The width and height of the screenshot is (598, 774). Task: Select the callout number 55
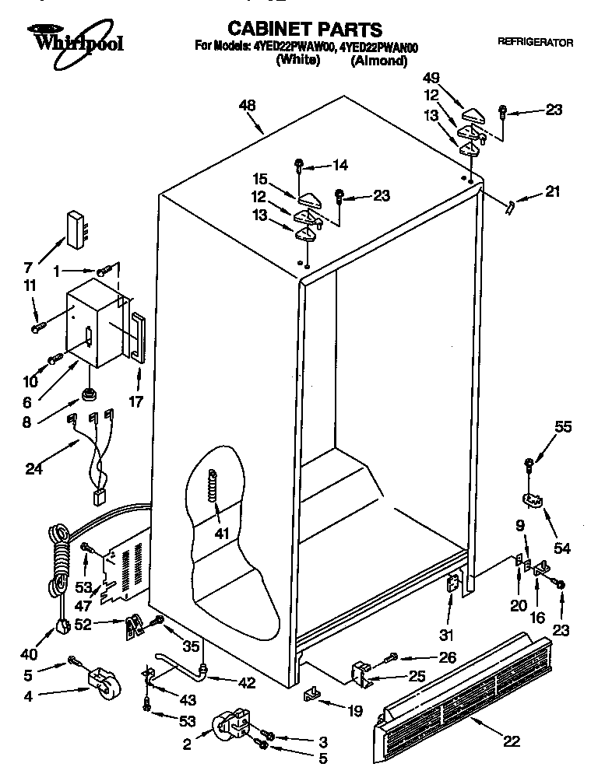tap(563, 426)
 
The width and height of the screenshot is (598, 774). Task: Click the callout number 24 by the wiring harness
tap(34, 469)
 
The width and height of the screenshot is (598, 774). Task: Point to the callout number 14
tap(339, 165)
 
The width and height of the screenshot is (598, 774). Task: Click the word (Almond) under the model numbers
tap(379, 62)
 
